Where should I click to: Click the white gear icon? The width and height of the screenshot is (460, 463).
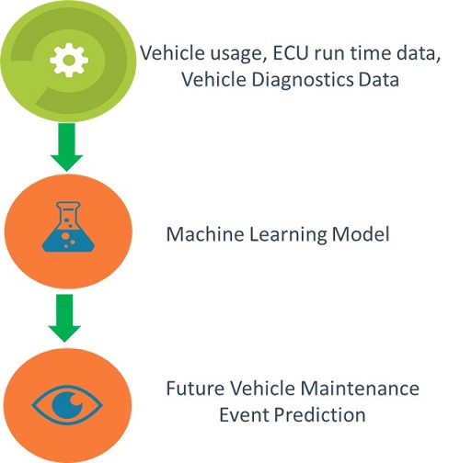(x=69, y=60)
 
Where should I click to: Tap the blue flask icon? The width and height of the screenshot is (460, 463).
(x=68, y=227)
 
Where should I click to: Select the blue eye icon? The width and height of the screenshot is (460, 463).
(x=67, y=405)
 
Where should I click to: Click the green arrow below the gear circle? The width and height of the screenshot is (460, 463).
(x=67, y=147)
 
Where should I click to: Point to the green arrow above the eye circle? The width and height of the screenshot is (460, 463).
(x=64, y=318)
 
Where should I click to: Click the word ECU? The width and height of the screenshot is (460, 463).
(x=290, y=53)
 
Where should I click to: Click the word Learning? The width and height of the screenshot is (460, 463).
(x=288, y=235)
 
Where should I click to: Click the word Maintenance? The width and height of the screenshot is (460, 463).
(x=360, y=388)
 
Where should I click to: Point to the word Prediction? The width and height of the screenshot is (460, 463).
(x=319, y=415)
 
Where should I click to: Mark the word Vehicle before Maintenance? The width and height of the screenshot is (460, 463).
(x=262, y=388)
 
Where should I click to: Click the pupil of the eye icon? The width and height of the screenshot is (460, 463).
(x=67, y=405)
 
